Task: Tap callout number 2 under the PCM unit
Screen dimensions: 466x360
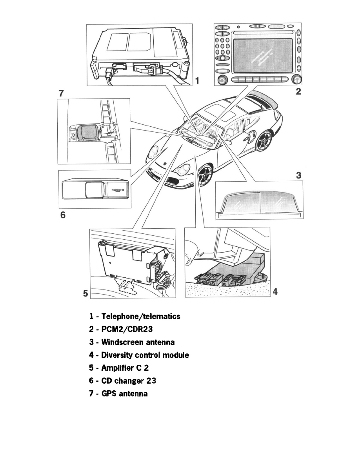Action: [298, 92]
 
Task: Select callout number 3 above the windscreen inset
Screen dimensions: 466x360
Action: [299, 175]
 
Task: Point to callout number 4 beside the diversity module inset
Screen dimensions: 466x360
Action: [275, 292]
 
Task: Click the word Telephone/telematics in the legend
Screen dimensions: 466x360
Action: [140, 317]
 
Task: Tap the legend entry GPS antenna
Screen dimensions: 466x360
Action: [124, 393]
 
